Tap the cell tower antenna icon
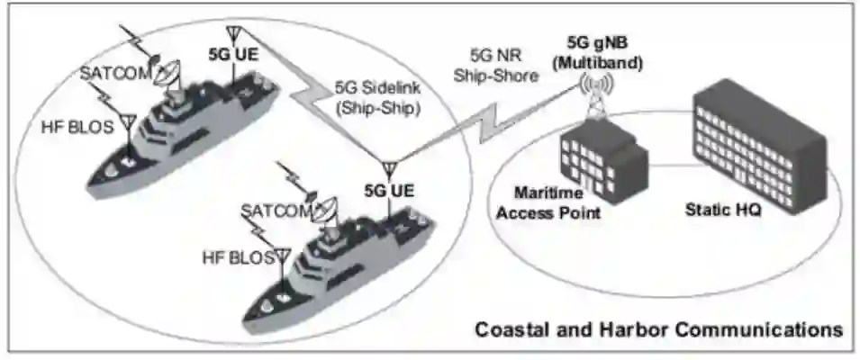tap(596, 94)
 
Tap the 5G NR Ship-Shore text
tap(502, 68)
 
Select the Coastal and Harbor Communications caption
tap(659, 329)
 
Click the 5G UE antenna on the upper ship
tap(231, 34)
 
